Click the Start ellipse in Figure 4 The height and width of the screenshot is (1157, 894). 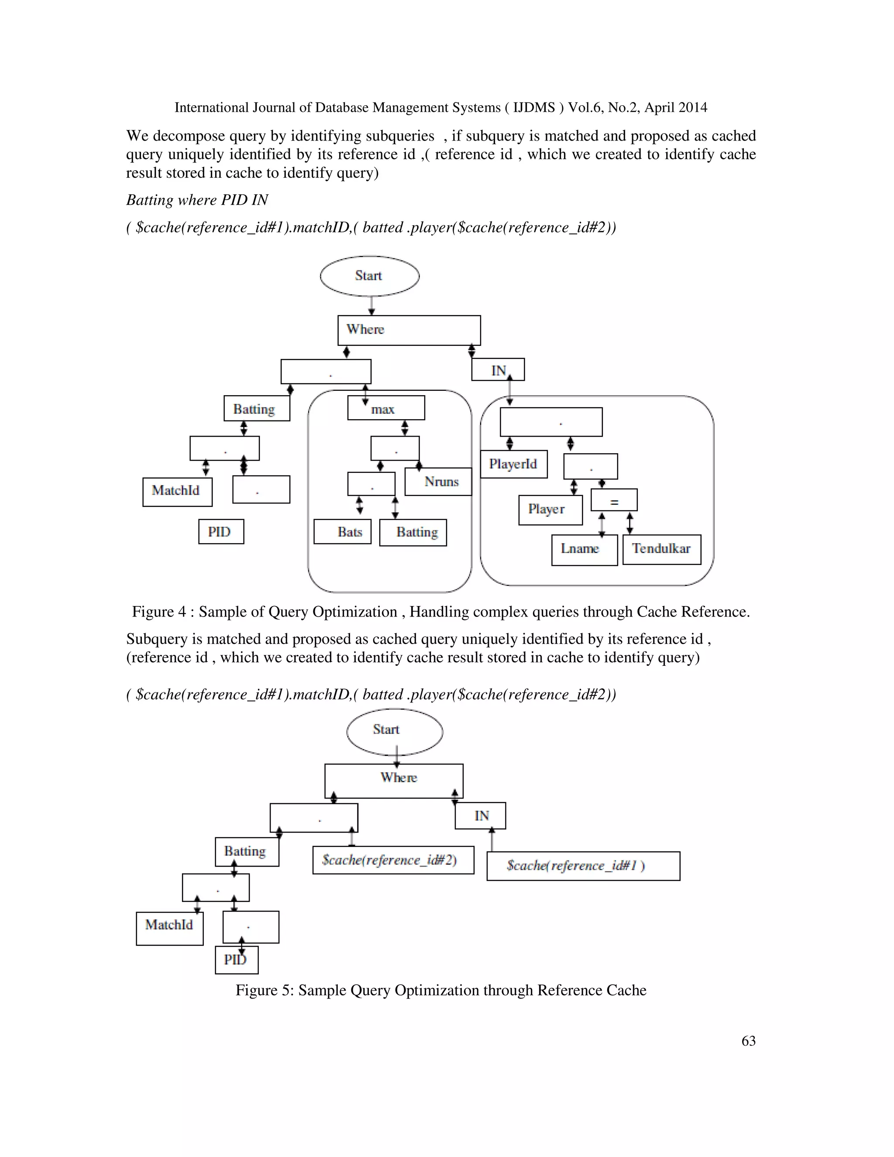click(x=369, y=276)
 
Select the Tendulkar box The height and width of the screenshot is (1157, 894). click(x=661, y=549)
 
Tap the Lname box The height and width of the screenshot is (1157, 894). click(x=584, y=550)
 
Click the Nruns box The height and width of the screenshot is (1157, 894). click(x=439, y=482)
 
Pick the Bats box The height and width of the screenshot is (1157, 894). click(x=342, y=532)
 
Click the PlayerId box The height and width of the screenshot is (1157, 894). click(x=513, y=464)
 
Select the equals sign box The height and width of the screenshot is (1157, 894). click(x=614, y=500)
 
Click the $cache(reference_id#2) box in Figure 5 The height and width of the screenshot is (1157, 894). click(x=393, y=860)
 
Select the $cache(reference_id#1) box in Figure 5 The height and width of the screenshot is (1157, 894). click(x=583, y=866)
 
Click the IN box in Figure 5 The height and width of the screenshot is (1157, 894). click(x=480, y=816)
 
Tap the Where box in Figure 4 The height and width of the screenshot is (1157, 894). click(x=409, y=330)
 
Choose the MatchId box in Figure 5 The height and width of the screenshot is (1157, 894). click(x=169, y=928)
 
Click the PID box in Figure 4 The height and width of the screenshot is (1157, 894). click(x=221, y=531)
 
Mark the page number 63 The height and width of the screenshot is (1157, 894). click(x=748, y=1040)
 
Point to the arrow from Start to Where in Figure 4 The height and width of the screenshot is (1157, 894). click(x=371, y=306)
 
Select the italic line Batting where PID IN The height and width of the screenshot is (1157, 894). click(x=197, y=200)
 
